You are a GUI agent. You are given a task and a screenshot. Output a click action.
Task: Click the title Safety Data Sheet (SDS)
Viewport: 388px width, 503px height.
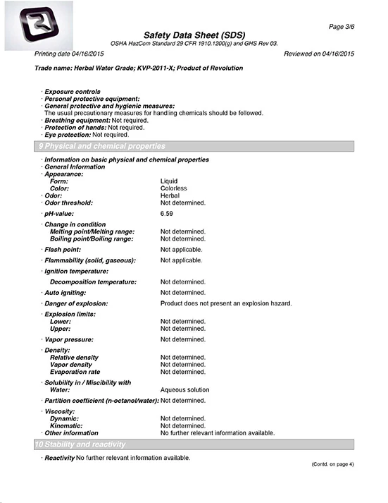click(x=194, y=35)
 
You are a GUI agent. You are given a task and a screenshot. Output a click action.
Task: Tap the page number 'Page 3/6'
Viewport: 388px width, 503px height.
click(x=342, y=26)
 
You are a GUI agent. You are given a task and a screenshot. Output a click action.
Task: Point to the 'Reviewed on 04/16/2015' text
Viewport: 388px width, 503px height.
click(x=318, y=54)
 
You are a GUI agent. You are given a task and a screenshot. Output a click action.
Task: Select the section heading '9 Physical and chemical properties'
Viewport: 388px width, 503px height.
click(x=101, y=146)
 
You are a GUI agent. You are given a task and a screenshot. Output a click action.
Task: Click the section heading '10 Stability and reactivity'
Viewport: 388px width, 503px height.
click(x=80, y=444)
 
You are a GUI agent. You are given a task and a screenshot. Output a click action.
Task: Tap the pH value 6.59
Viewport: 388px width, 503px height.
click(x=167, y=213)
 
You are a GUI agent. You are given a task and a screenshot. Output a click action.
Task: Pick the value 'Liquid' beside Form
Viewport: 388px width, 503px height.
click(x=169, y=181)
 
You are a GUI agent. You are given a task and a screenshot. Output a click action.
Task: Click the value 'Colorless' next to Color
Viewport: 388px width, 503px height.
click(x=173, y=188)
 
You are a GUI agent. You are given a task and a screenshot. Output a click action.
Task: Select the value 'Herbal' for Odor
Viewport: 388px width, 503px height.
click(x=170, y=195)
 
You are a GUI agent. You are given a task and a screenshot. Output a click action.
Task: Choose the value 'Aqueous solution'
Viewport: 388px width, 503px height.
click(x=184, y=389)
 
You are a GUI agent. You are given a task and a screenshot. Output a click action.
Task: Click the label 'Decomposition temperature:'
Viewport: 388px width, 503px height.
click(x=94, y=281)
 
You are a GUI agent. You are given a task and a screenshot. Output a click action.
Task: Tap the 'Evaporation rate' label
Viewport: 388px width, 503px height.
click(x=75, y=372)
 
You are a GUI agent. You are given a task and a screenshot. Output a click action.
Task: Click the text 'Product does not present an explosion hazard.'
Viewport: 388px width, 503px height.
click(x=225, y=303)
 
